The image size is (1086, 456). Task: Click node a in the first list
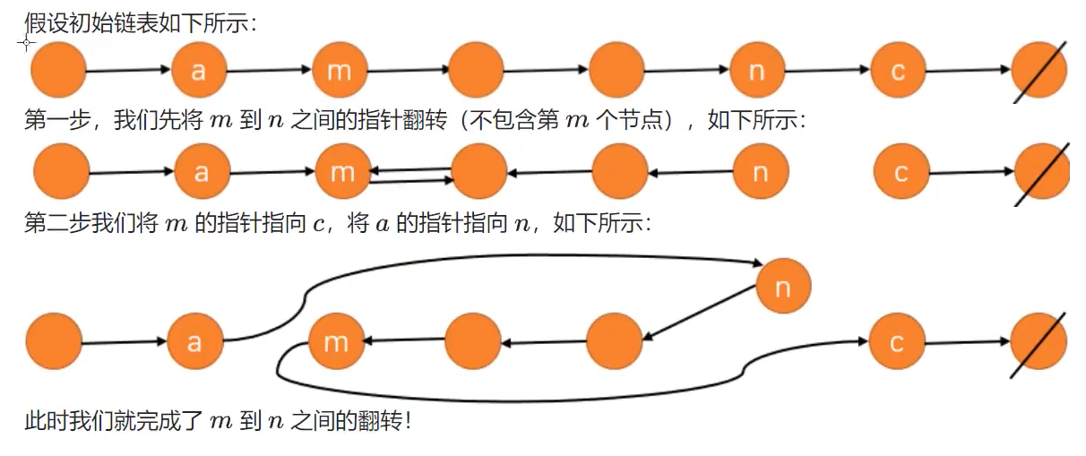(198, 70)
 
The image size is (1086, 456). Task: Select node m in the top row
(339, 70)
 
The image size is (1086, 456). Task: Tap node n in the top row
(757, 70)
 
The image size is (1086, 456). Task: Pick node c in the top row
(898, 70)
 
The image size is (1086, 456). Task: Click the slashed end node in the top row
(1039, 70)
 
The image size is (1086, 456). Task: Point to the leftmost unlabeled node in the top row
(58, 70)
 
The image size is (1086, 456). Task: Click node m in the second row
(342, 171)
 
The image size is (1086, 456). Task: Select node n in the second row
(761, 171)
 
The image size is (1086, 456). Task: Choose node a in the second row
(202, 171)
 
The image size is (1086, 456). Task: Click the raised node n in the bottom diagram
(783, 287)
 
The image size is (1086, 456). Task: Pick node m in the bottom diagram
(335, 341)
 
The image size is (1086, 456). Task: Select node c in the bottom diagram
(896, 341)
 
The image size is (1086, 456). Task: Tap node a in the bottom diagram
(194, 341)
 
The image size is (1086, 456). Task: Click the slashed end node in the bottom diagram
(1038, 341)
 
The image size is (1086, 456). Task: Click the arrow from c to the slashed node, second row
(972, 172)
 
